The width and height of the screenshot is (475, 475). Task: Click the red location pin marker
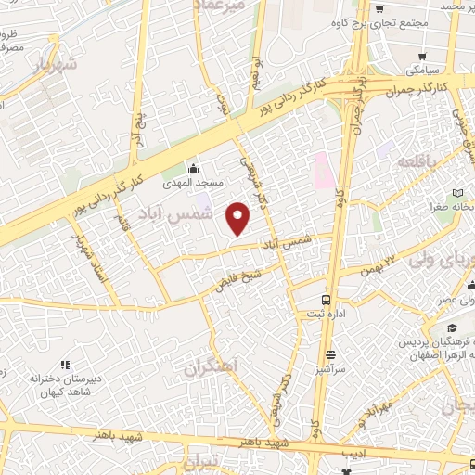click(x=239, y=219)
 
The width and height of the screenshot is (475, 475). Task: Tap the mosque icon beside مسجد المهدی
click(x=193, y=169)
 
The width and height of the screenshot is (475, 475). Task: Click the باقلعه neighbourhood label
click(x=417, y=162)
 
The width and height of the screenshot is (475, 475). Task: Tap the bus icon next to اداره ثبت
click(x=326, y=300)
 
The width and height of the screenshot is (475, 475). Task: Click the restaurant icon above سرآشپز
click(x=330, y=353)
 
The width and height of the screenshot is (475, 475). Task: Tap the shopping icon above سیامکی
click(x=423, y=56)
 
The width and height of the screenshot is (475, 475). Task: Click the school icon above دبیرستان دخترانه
click(x=64, y=365)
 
